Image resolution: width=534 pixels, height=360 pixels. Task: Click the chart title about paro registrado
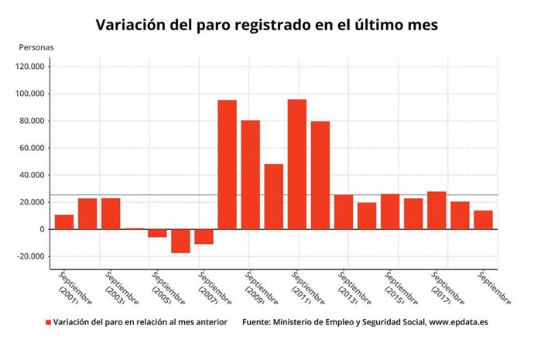click(267, 26)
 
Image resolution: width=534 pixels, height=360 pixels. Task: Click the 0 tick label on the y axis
click(41, 229)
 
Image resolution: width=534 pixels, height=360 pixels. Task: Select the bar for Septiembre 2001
click(64, 221)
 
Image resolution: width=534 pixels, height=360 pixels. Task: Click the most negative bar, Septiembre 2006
click(180, 241)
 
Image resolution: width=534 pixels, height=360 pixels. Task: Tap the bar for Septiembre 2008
click(227, 164)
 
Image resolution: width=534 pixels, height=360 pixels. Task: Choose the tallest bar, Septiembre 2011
click(296, 164)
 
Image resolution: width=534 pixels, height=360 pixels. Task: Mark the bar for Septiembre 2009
click(250, 174)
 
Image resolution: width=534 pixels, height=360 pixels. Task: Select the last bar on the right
click(483, 220)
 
